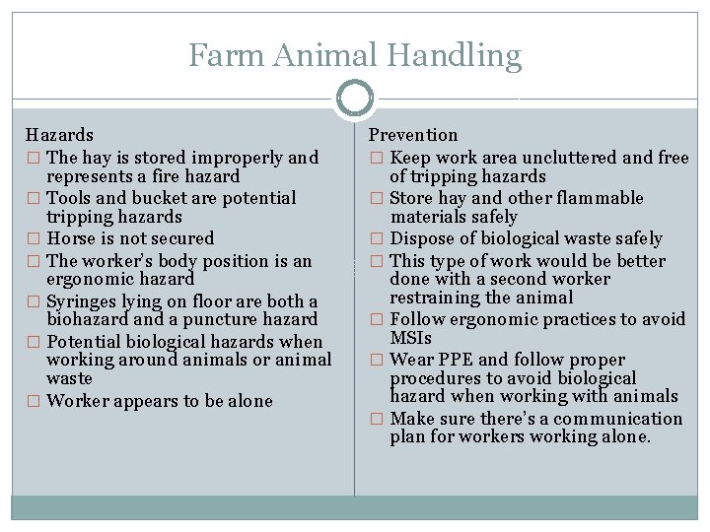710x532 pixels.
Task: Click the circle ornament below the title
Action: [x=354, y=99]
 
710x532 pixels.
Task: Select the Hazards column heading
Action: [x=59, y=134]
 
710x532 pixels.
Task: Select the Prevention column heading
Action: [x=413, y=134]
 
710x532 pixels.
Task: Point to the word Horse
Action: [x=71, y=238]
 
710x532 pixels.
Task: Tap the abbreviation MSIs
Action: [x=411, y=337]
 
